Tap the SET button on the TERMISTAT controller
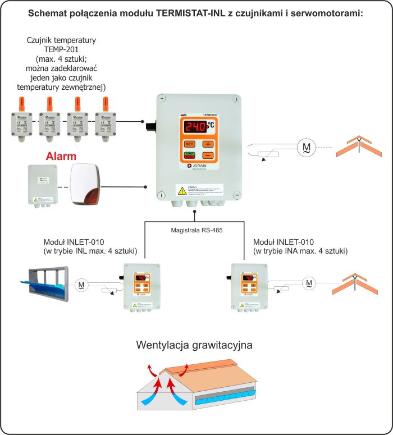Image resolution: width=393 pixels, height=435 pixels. [189, 144]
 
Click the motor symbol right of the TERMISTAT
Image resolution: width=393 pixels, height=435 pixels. [307, 146]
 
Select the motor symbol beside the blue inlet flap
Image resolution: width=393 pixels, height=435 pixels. [82, 285]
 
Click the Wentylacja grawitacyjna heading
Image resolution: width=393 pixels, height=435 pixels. [194, 345]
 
